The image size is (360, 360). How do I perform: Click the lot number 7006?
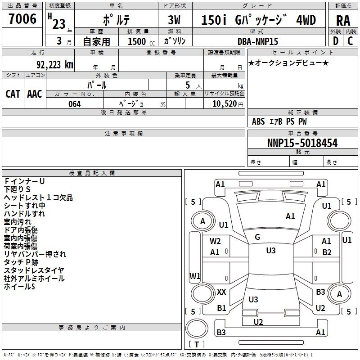click(x=22, y=19)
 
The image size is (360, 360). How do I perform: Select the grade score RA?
click(x=343, y=20)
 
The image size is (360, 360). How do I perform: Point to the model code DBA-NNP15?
click(x=258, y=41)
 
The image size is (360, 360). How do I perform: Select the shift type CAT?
click(x=13, y=94)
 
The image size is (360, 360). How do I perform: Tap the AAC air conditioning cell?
click(x=35, y=94)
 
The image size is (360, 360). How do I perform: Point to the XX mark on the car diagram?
click(x=221, y=292)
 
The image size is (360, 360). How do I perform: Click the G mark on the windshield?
click(x=257, y=237)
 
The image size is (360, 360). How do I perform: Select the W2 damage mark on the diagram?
click(x=215, y=241)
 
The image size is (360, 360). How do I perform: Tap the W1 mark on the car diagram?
click(x=194, y=275)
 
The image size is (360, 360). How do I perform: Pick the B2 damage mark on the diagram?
click(x=327, y=252)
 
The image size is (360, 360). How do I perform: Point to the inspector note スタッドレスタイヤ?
click(x=34, y=270)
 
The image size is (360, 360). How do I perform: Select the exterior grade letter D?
click(x=335, y=41)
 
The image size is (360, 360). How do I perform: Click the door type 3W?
click(x=174, y=20)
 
